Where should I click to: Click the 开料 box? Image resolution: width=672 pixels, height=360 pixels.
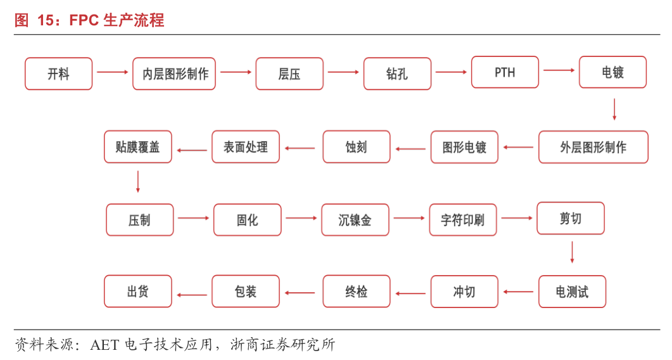tap(58, 74)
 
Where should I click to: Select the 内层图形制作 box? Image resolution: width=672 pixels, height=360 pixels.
tap(174, 74)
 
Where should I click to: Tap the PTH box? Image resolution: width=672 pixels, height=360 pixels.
tap(505, 72)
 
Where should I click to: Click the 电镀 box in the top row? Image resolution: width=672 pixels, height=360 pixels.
tap(612, 72)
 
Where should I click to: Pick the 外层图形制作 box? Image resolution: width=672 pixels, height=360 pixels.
tap(593, 147)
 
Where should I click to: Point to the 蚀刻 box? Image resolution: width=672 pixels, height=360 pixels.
tap(356, 147)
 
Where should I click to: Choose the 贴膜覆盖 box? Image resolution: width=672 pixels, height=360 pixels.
tap(137, 147)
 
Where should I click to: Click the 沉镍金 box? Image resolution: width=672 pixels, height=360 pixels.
tap(355, 220)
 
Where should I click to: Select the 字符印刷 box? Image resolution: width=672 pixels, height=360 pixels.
tap(463, 220)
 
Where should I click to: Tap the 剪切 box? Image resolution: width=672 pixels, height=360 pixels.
tap(570, 219)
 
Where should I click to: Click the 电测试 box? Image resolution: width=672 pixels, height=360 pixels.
tap(572, 292)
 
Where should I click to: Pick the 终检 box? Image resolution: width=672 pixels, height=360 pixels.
tap(356, 292)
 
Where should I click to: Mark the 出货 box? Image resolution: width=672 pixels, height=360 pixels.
tap(137, 292)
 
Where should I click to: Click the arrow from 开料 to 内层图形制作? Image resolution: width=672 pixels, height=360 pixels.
tap(112, 72)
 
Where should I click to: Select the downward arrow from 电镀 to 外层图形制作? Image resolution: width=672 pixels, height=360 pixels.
tap(614, 109)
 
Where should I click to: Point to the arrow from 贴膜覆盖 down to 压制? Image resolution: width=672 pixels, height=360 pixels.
tap(137, 182)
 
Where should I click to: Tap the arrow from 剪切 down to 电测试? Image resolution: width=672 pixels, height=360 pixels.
tap(572, 252)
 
